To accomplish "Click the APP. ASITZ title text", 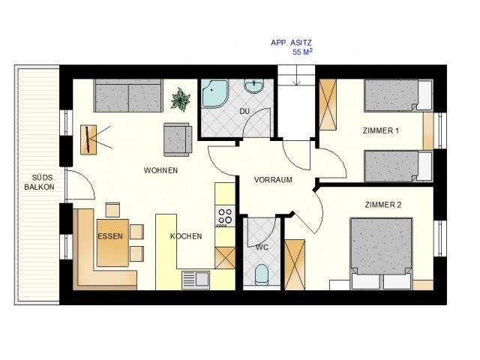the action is tap(291, 43).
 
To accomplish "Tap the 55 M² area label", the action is tap(302, 52).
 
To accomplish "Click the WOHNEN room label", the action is tap(160, 170).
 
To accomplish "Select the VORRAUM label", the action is tap(273, 180).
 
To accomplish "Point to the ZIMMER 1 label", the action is tap(381, 130).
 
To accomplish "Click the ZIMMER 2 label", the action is tap(383, 205).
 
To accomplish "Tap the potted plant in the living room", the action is tap(181, 99).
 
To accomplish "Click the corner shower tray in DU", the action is tap(214, 94).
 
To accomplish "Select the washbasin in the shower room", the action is tap(253, 85).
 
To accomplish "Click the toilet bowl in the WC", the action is tap(262, 274).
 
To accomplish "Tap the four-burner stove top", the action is tap(225, 216).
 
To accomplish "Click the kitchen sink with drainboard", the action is tap(196, 279).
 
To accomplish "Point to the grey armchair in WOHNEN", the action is tap(178, 139).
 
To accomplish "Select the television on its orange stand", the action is tap(88, 139).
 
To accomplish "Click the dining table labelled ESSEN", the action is tap(112, 243).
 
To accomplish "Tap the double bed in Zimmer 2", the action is tap(382, 253).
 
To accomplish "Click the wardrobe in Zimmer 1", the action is tap(328, 104).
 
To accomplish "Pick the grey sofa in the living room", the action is tap(128, 95).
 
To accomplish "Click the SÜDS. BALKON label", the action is tap(40, 182).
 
